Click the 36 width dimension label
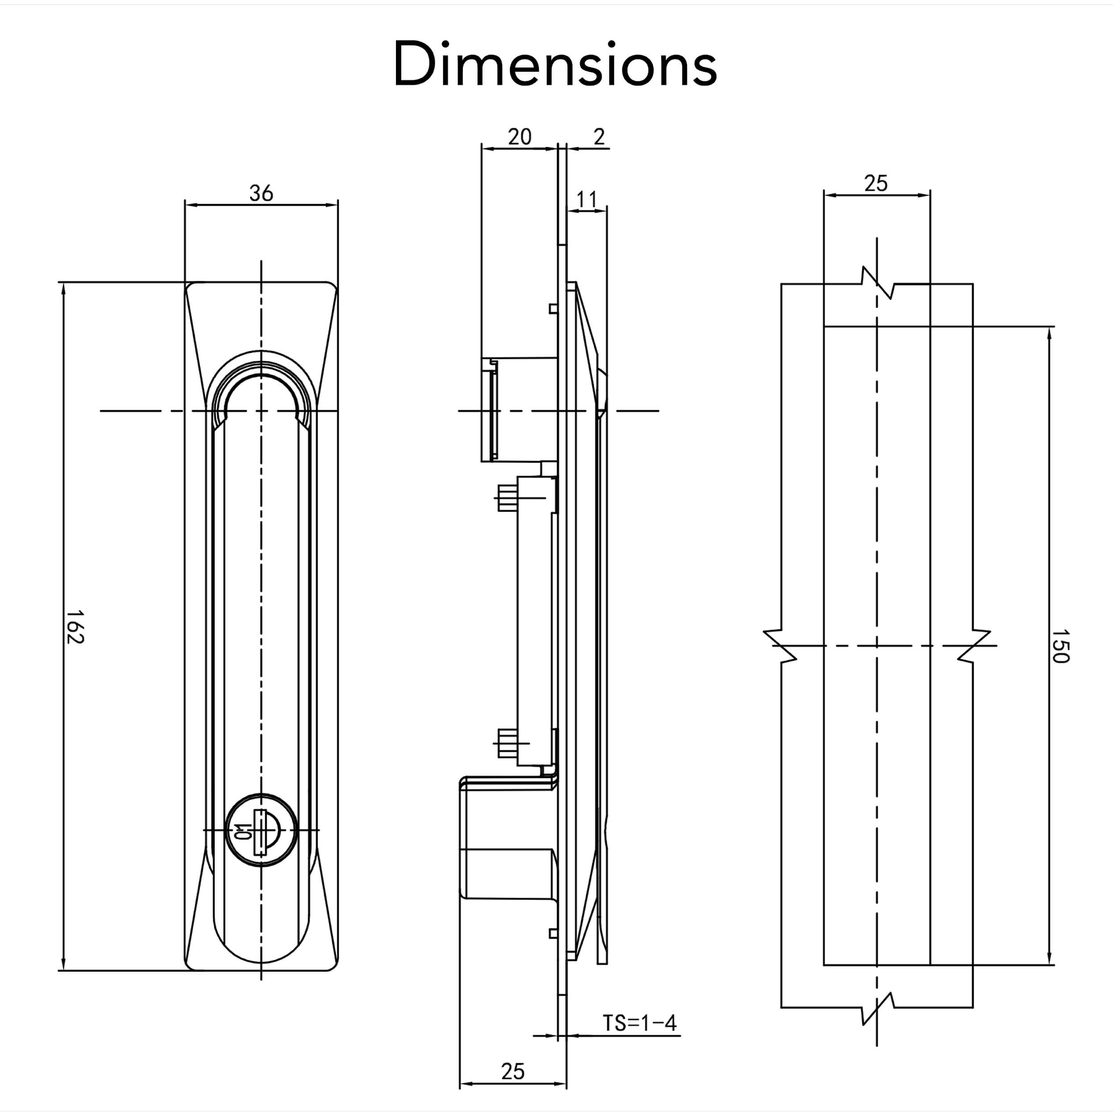click(261, 193)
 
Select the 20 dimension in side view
click(519, 137)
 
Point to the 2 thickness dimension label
click(599, 137)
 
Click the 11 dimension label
click(586, 200)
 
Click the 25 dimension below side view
click(512, 1071)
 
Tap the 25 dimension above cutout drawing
click(876, 183)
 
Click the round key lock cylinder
click(261, 831)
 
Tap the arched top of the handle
click(261, 370)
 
